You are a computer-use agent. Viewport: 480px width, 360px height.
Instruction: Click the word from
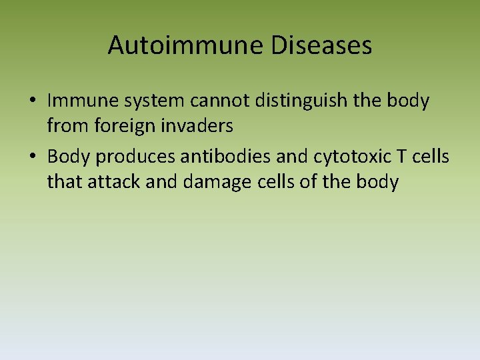64,125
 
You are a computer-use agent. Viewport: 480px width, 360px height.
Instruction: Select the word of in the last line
307,181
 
